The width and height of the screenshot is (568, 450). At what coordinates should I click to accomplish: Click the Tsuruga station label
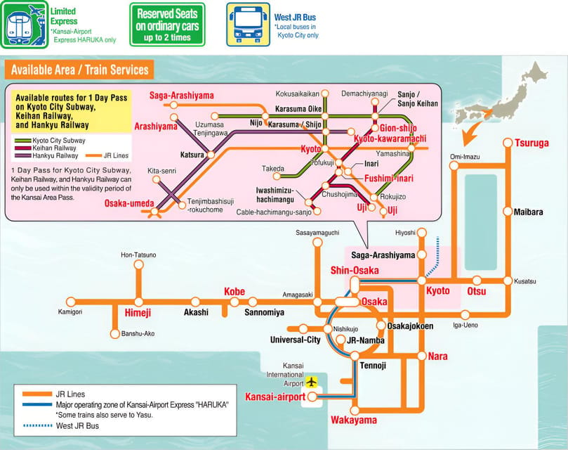coord(531,143)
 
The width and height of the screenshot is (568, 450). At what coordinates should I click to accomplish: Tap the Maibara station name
coord(527,212)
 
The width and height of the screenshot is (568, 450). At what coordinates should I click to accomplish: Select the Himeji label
coord(138,311)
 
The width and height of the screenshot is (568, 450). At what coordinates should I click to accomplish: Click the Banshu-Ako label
coord(138,333)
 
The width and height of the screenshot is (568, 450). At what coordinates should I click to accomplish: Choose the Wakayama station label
coord(353,420)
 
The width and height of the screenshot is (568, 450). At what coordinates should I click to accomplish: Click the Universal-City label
coord(295,340)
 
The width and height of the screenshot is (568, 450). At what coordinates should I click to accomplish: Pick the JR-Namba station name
coord(365,340)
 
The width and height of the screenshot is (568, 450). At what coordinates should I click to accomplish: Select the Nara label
coord(437,356)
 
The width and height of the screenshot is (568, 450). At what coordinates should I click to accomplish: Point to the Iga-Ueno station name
coord(465,325)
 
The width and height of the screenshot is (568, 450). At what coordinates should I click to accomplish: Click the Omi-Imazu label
coord(464,157)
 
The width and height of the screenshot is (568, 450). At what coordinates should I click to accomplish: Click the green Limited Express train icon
coord(23,25)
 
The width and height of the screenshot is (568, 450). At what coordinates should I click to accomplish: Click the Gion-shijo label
coord(398,128)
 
